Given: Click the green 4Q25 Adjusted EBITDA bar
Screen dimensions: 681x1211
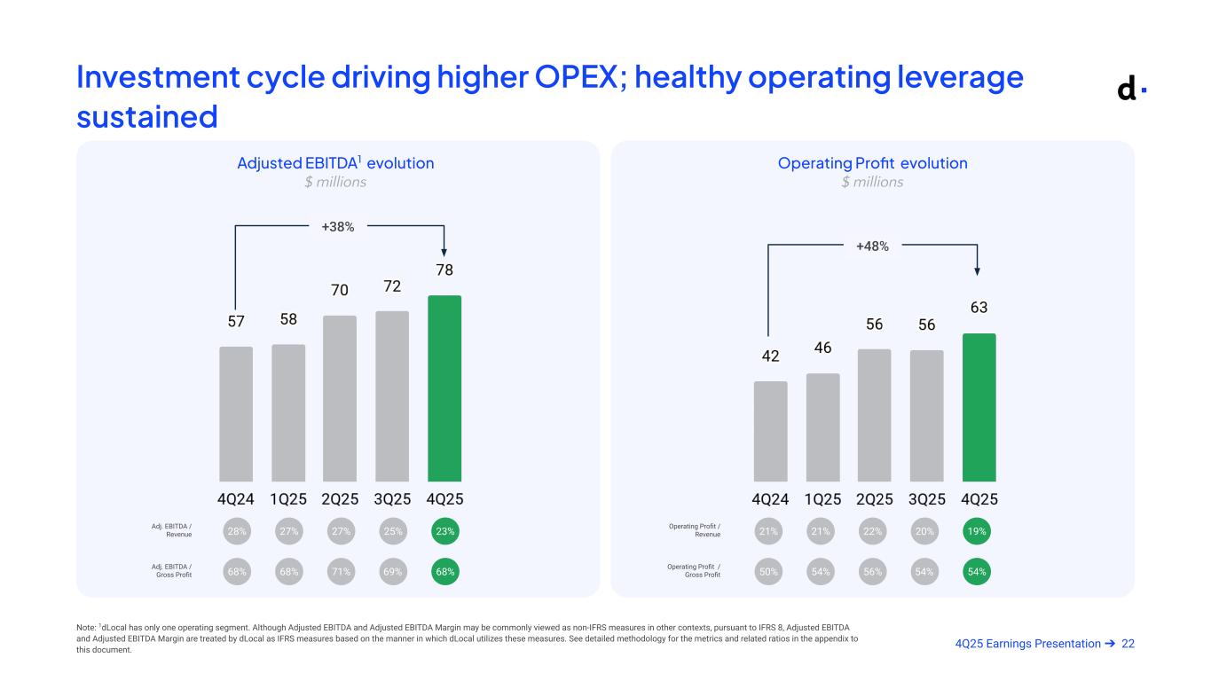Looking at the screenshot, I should click(444, 388).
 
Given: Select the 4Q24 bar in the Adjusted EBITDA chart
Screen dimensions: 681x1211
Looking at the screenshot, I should click(236, 414).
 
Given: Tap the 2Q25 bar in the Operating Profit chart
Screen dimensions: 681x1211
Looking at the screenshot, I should click(874, 415).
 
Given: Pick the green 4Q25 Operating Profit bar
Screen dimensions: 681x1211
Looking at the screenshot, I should click(979, 407).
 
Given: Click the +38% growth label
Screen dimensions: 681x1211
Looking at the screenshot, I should click(338, 227).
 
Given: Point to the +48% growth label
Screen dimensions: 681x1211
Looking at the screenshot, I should click(872, 246).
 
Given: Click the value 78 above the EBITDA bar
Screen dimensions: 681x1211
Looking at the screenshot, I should click(444, 269).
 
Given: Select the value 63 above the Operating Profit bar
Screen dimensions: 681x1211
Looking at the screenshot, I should click(979, 307).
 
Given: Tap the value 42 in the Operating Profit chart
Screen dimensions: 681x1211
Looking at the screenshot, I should click(770, 356).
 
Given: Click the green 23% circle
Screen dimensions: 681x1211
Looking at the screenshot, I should click(445, 532).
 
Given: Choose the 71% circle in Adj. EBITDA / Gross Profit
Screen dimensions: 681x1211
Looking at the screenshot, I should click(341, 572).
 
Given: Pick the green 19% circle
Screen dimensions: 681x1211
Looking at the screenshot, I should click(979, 532).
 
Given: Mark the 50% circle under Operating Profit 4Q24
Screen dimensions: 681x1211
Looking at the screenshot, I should click(769, 572).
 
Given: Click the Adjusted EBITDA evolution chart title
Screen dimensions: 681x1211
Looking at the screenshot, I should click(335, 163).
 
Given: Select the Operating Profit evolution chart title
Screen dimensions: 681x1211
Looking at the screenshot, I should click(872, 163).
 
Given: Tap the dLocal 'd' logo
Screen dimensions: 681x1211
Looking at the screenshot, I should click(1128, 89).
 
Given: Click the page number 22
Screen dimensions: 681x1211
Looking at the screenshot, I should click(1128, 643).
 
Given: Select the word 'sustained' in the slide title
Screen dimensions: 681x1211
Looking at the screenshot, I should click(147, 115).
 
